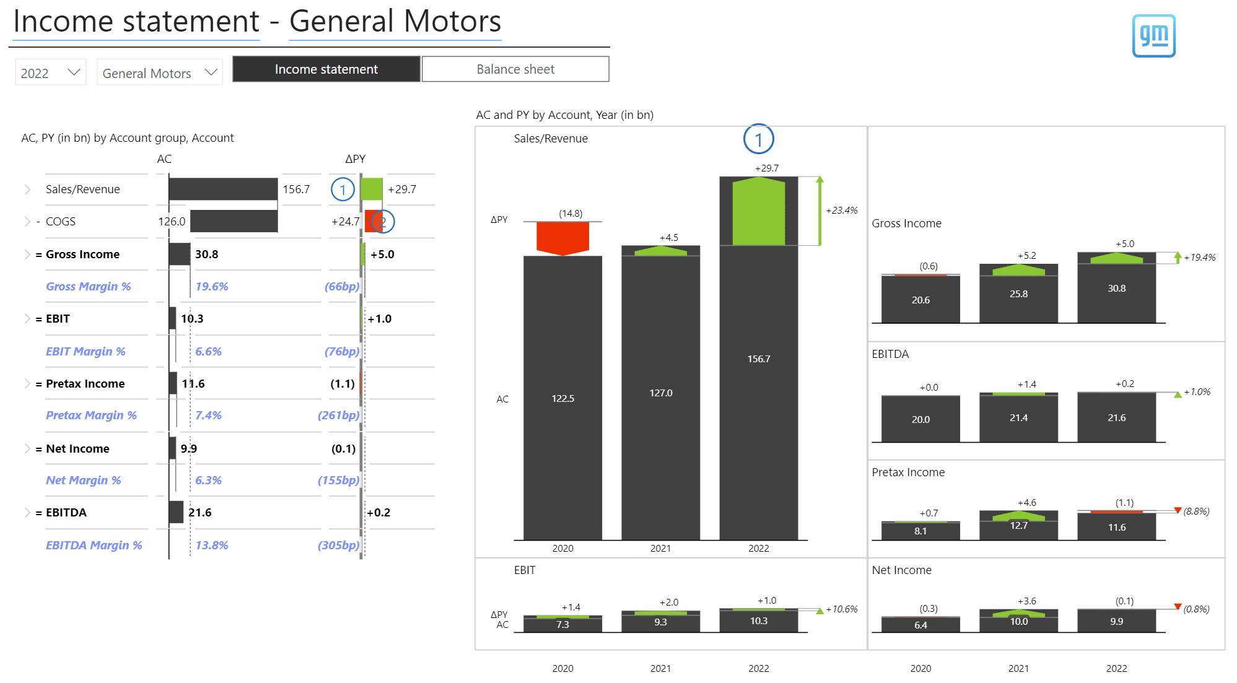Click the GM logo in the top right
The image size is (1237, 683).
click(1153, 36)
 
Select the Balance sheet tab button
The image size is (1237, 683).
click(515, 69)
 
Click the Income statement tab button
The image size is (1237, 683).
click(326, 69)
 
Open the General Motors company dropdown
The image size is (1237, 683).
click(160, 73)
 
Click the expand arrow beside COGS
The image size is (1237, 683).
click(27, 222)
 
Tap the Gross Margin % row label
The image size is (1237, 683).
click(89, 287)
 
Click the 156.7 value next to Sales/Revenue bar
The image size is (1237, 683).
click(296, 189)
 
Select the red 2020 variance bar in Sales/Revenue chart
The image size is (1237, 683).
click(562, 238)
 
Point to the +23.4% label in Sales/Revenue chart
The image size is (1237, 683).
click(841, 211)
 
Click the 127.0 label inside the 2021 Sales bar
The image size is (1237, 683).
click(661, 393)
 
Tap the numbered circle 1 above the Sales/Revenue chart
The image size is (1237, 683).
click(758, 139)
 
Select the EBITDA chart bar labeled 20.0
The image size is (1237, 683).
click(920, 419)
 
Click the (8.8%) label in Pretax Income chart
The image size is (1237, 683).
click(1196, 511)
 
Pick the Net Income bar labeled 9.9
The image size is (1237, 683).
click(1116, 621)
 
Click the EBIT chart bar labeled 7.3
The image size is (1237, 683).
click(562, 624)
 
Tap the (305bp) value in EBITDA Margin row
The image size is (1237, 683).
click(338, 546)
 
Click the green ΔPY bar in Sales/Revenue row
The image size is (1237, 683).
click(372, 189)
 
